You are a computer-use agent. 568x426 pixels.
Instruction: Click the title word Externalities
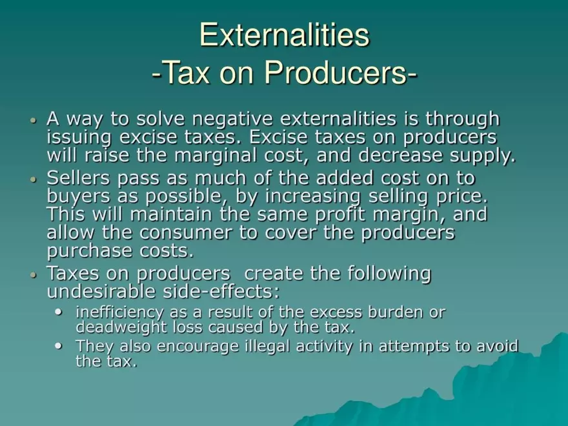[x=285, y=35]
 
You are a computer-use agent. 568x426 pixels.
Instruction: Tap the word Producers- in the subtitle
[x=341, y=72]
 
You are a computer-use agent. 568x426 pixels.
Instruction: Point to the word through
[x=463, y=119]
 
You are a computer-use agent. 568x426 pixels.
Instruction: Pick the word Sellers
[x=78, y=178]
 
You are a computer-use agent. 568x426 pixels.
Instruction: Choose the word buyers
[x=78, y=197]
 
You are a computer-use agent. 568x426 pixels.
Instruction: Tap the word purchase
[x=90, y=251]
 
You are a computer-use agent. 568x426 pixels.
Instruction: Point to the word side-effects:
[x=221, y=291]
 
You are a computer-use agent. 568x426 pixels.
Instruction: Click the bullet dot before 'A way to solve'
[x=34, y=120]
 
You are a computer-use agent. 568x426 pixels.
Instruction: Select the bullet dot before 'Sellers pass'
[x=34, y=179]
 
